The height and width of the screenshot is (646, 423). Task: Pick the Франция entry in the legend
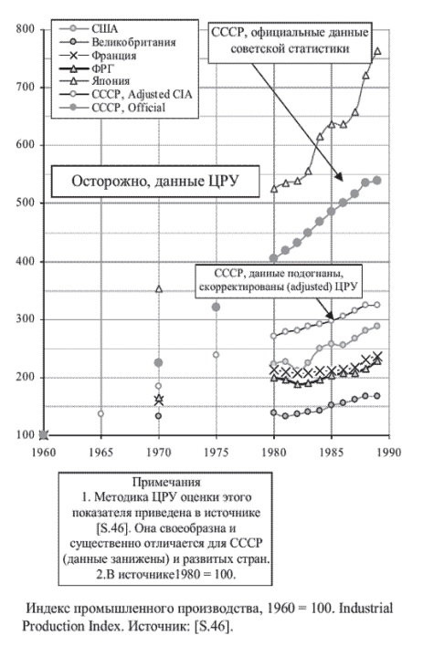[x=98, y=56]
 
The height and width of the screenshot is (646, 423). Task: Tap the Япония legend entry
[x=94, y=81]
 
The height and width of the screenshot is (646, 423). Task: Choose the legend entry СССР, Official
[x=112, y=108]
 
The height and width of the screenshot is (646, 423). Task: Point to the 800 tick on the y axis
[x=26, y=29]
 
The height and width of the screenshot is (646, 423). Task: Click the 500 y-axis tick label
[x=26, y=203]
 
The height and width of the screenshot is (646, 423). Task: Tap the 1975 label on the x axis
[x=217, y=453]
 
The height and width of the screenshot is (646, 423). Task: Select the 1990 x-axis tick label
[x=389, y=453]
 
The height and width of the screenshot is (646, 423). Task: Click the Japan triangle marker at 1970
[x=159, y=289]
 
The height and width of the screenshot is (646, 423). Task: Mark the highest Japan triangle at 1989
[x=377, y=51]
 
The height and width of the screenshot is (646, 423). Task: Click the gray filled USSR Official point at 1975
[x=216, y=307]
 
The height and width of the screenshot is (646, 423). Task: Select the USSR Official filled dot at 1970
[x=158, y=362]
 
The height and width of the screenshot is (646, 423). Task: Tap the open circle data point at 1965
[x=100, y=413]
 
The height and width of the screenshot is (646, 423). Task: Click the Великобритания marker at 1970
[x=158, y=416]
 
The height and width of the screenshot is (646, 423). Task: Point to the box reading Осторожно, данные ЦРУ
[x=155, y=182]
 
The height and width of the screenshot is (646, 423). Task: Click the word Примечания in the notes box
[x=166, y=482]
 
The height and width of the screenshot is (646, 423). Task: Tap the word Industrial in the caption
[x=366, y=608]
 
